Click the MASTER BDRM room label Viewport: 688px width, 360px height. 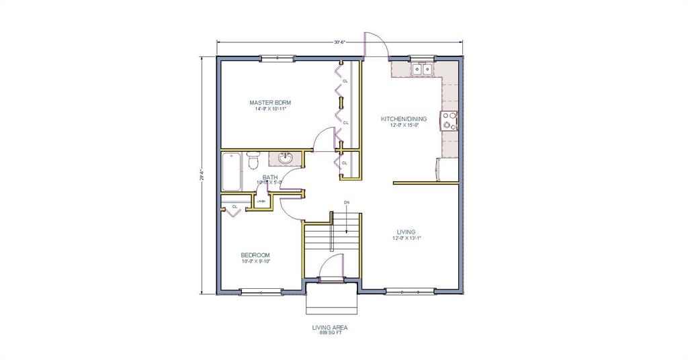(x=270, y=103)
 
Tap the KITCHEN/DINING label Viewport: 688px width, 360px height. (x=404, y=119)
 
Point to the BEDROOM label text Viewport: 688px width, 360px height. (x=255, y=255)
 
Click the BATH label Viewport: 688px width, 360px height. (x=270, y=177)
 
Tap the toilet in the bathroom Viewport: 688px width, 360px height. (x=253, y=162)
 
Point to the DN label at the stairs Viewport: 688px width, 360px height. (x=347, y=201)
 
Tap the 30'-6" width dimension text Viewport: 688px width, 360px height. (x=340, y=42)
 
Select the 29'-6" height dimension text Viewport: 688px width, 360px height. (x=200, y=174)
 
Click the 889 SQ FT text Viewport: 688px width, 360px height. (x=329, y=332)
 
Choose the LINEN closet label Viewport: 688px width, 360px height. (x=261, y=201)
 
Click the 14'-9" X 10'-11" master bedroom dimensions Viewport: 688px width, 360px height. (x=270, y=109)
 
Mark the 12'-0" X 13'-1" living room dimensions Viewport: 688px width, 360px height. (x=406, y=238)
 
